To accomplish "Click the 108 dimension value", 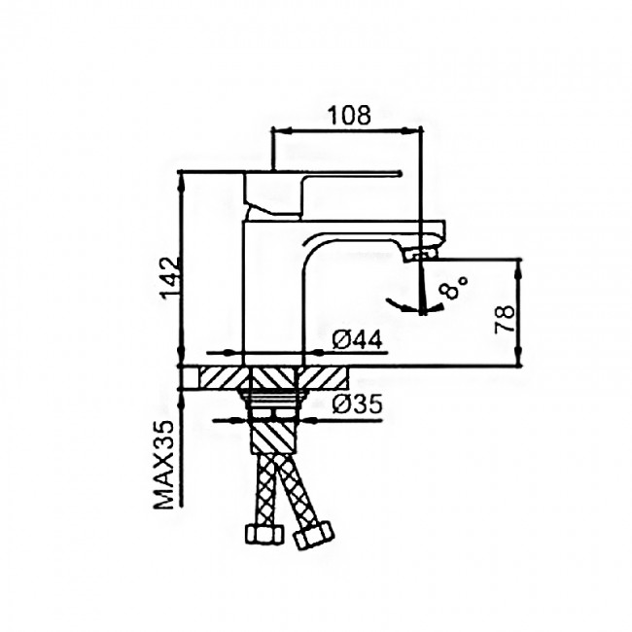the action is (x=349, y=116).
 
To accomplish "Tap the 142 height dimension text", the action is (x=171, y=279).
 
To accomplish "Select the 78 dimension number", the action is (x=505, y=318).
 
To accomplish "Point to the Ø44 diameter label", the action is (x=357, y=341).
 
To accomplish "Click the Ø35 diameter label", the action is (x=357, y=404).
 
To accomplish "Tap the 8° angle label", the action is (x=453, y=287).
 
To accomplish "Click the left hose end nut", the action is (x=260, y=535).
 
